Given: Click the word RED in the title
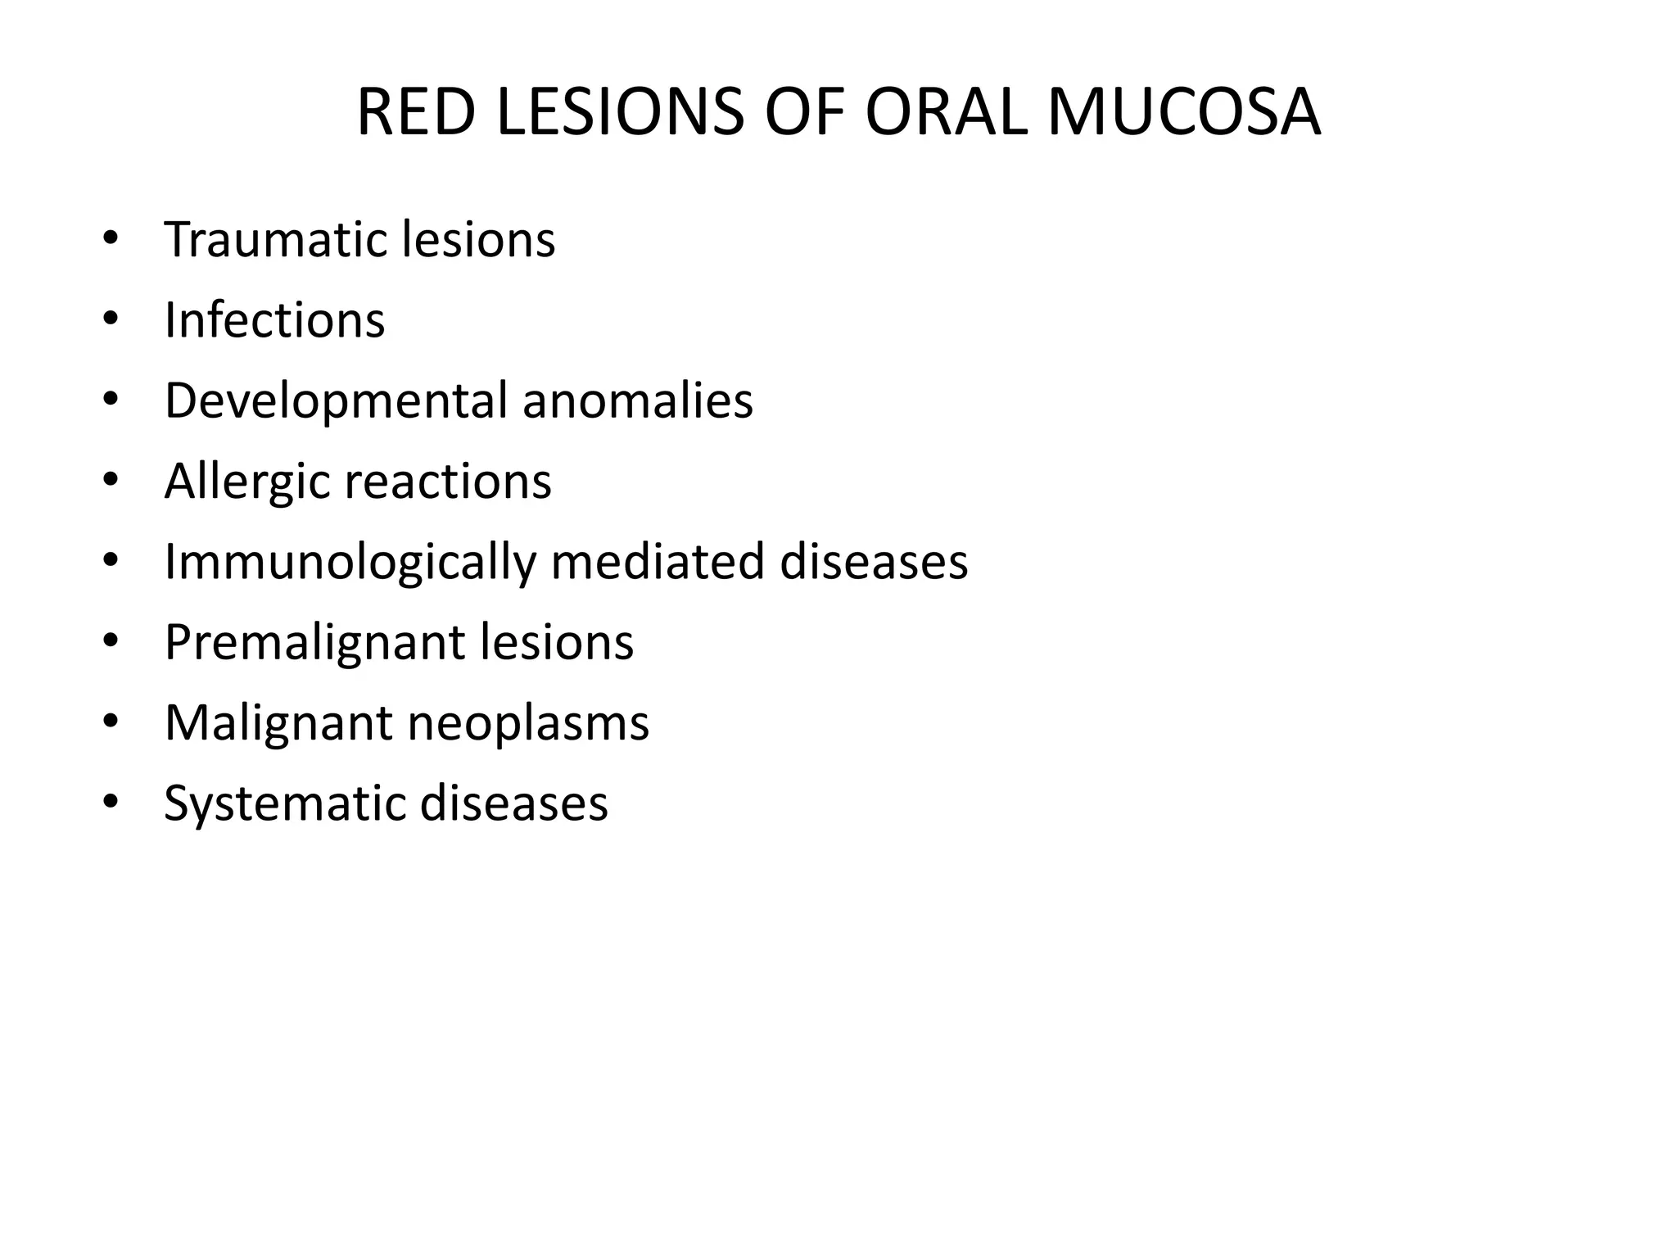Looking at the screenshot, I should click(415, 112).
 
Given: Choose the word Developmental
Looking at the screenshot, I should click(336, 401).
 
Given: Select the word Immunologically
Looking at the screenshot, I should click(350, 562).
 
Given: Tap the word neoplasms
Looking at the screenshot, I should click(528, 723).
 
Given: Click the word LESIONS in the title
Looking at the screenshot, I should click(621, 112).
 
